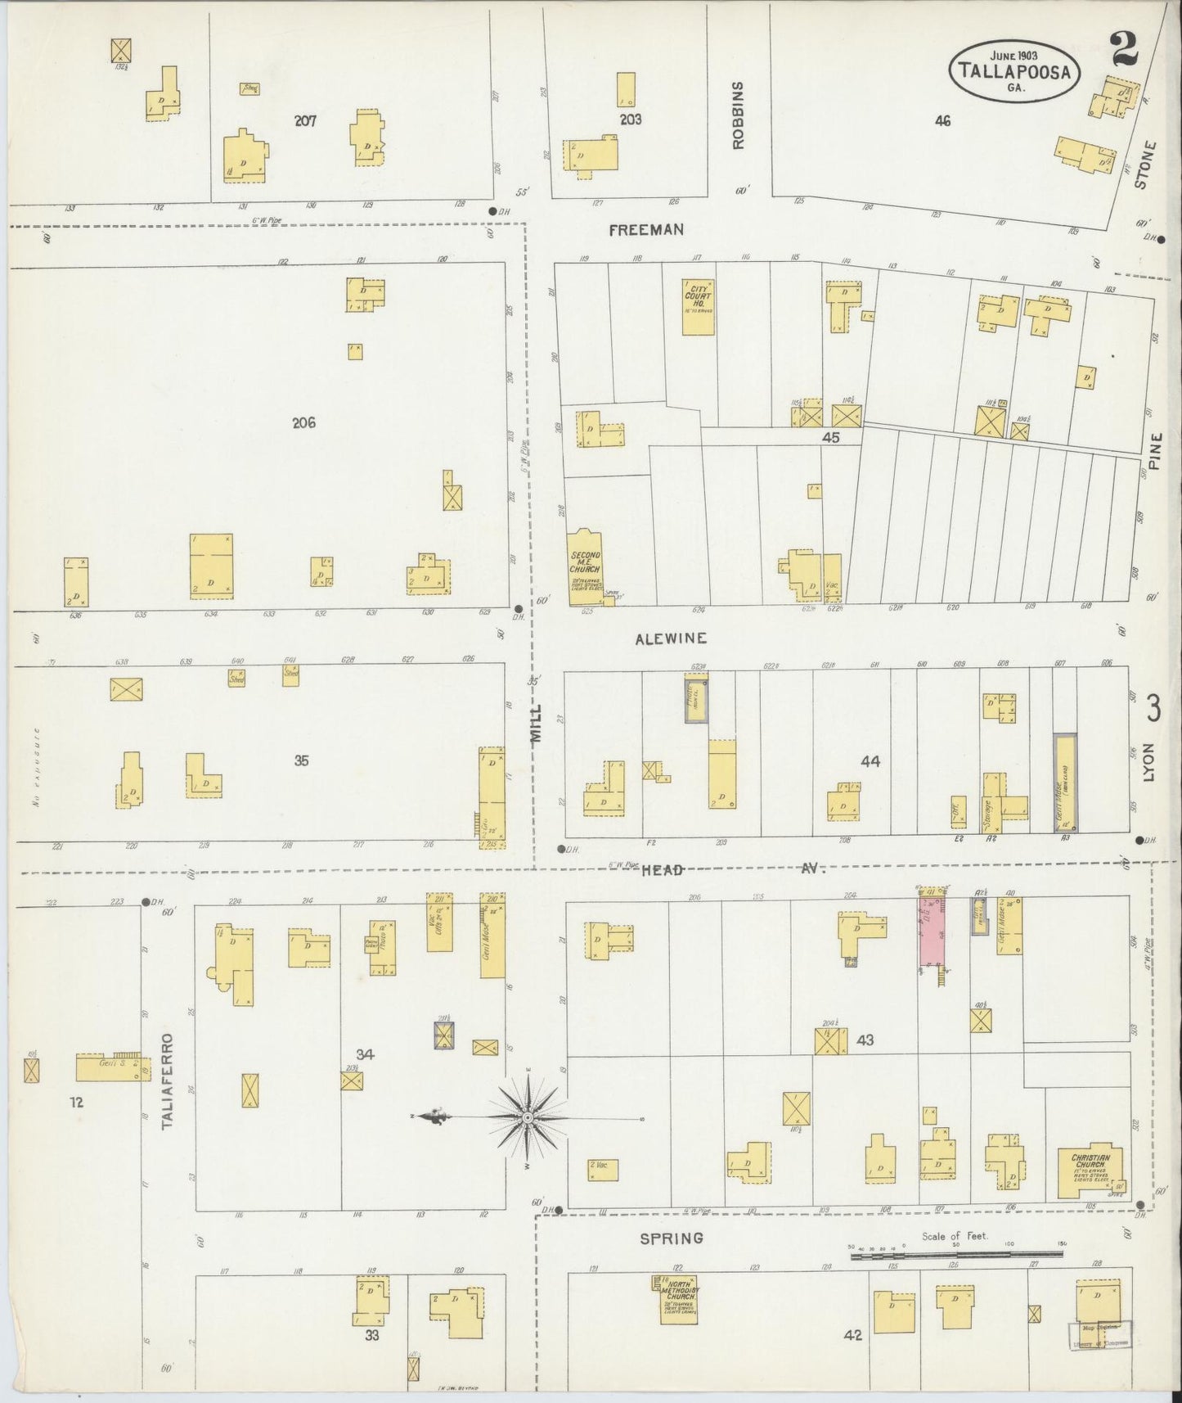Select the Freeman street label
click(646, 231)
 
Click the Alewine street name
click(671, 638)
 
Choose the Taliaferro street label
click(169, 1081)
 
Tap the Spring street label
click(672, 1238)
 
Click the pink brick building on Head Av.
click(932, 930)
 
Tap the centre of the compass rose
click(528, 1117)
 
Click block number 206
click(303, 423)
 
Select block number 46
click(942, 121)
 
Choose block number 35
click(301, 760)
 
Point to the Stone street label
click(1147, 165)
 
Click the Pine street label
click(1154, 451)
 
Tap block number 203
click(630, 120)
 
